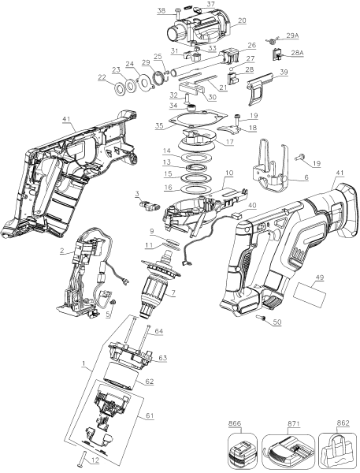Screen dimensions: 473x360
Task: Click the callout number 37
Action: [210, 4]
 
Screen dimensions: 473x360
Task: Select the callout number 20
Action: [242, 20]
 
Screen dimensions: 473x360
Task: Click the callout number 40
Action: [252, 206]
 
